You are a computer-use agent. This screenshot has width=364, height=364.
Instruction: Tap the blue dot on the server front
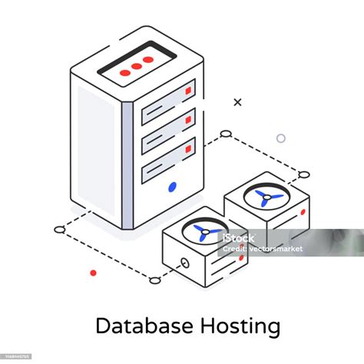coord(172,186)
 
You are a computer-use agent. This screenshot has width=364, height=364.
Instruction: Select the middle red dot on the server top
coord(136,67)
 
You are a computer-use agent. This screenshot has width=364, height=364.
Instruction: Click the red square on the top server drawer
coord(188,91)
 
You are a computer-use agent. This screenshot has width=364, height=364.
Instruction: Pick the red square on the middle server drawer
coord(188,119)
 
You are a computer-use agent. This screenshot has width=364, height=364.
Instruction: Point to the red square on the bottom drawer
coord(188,148)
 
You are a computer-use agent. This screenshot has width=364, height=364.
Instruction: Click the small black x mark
coord(237,101)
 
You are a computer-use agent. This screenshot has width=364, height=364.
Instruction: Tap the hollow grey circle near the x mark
coord(281,138)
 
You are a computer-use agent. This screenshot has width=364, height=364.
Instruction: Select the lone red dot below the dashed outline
coord(93,273)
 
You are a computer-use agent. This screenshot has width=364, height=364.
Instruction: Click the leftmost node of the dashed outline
coord(60,229)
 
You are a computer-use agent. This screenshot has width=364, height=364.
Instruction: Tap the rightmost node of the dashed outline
coord(304,174)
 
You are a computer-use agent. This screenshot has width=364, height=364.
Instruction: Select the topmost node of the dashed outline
coord(226,134)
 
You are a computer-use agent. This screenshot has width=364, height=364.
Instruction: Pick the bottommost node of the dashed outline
coord(156,280)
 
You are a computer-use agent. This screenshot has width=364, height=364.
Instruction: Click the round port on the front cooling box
coord(185,263)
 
